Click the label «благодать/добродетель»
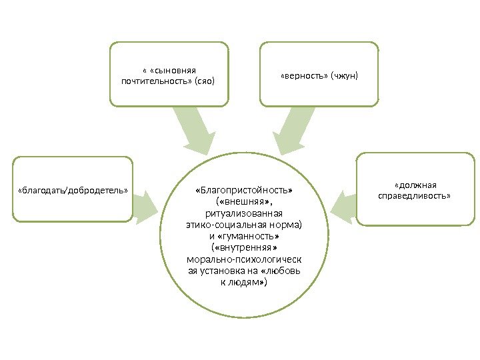72,189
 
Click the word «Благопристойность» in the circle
243,191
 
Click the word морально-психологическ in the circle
243,259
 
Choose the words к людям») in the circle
243,282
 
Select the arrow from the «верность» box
293,130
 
